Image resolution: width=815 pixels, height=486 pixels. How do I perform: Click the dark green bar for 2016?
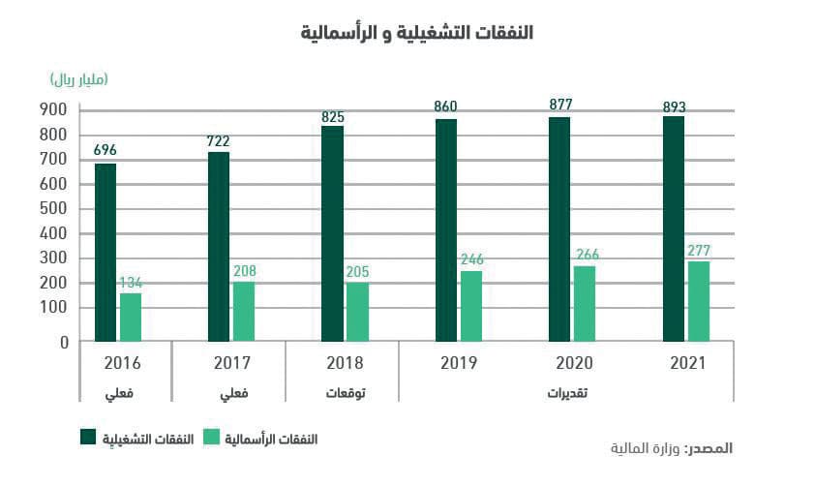click(106, 253)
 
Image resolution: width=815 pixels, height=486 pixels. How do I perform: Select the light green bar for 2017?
click(244, 311)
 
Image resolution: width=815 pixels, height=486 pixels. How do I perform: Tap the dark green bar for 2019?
click(446, 230)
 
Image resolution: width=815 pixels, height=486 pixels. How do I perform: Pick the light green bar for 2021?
click(699, 301)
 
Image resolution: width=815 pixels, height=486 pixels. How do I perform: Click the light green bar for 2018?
click(357, 311)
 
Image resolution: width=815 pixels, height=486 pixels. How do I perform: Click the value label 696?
click(106, 150)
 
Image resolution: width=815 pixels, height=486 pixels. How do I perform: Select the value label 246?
click(471, 259)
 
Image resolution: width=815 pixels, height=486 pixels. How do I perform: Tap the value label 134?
click(131, 282)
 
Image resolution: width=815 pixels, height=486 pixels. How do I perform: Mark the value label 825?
click(333, 116)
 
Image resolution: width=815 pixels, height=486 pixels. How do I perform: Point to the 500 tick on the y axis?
click(53, 208)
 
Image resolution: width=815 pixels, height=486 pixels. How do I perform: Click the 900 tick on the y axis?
click(53, 109)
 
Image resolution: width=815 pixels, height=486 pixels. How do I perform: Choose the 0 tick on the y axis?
click(63, 342)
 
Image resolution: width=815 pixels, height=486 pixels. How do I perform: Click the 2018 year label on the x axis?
click(343, 364)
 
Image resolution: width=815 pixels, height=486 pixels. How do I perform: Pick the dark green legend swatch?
click(88, 438)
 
